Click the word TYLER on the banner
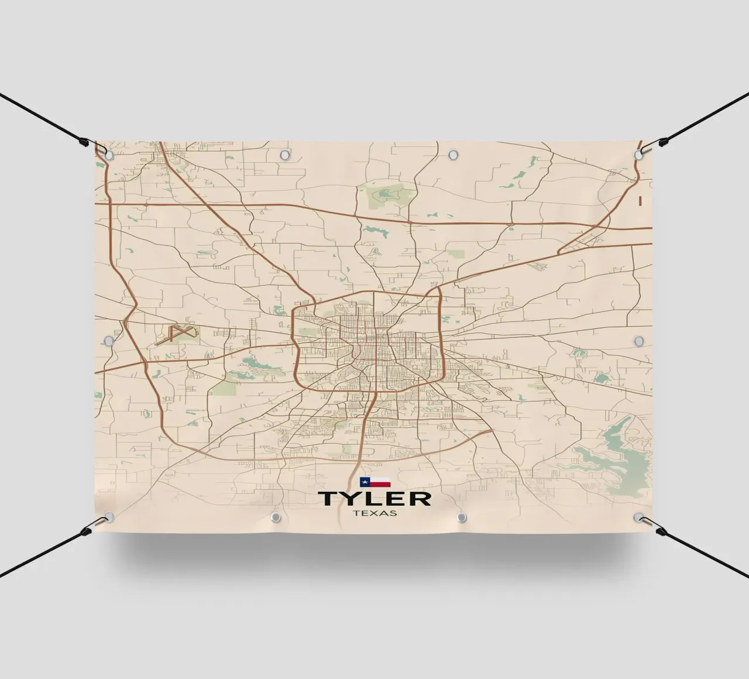pyautogui.click(x=374, y=499)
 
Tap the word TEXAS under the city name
pyautogui.click(x=374, y=513)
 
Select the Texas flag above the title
pyautogui.click(x=375, y=482)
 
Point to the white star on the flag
pyautogui.click(x=364, y=482)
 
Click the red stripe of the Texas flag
pyautogui.click(x=380, y=485)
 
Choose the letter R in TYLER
pyautogui.click(x=420, y=499)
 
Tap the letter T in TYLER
pyautogui.click(x=328, y=499)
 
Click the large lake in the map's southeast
pyautogui.click(x=609, y=451)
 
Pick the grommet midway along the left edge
pyautogui.click(x=108, y=340)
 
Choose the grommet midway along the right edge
pyautogui.click(x=638, y=340)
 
